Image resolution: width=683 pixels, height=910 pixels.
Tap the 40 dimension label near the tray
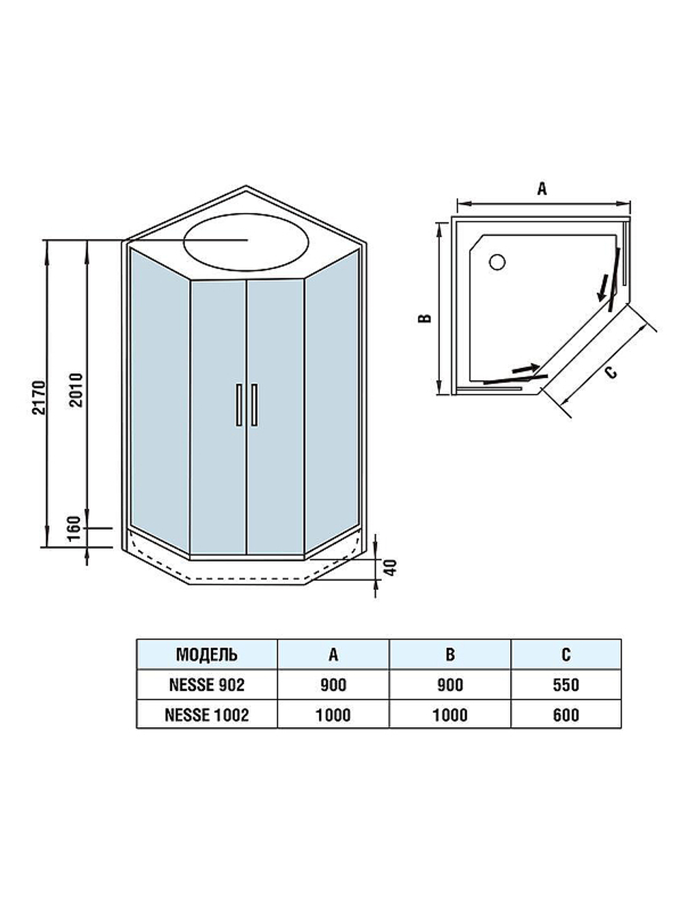pos(391,567)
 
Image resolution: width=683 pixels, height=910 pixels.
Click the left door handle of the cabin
pos(239,405)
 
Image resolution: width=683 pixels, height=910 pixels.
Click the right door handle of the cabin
pos(254,405)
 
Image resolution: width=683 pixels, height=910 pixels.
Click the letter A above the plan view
pos(542,189)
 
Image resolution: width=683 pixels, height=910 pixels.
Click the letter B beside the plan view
pos(425,318)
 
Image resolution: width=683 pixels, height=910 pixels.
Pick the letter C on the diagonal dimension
pos(611,372)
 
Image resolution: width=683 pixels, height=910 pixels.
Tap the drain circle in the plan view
pos(497,261)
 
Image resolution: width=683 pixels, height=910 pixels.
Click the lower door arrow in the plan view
pos(525,369)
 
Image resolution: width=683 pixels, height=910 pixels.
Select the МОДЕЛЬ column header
pos(207,655)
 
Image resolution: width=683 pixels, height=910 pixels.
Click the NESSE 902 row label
pos(207,685)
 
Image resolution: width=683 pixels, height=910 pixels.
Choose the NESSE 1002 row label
pos(207,715)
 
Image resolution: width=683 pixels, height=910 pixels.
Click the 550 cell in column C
pos(566,685)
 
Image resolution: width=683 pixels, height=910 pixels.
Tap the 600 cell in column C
pos(566,715)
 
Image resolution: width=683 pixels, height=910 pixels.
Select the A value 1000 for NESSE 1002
pos(333,715)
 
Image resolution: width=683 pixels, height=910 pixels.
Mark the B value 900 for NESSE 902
pos(449,685)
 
